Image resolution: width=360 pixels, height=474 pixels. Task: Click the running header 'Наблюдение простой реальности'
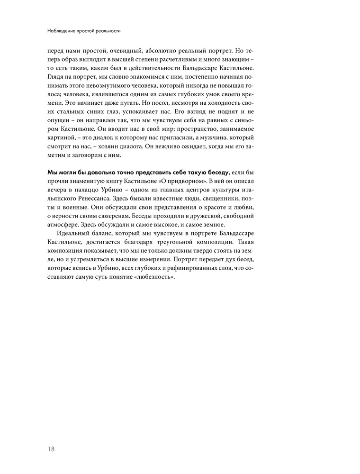click(x=84, y=31)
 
